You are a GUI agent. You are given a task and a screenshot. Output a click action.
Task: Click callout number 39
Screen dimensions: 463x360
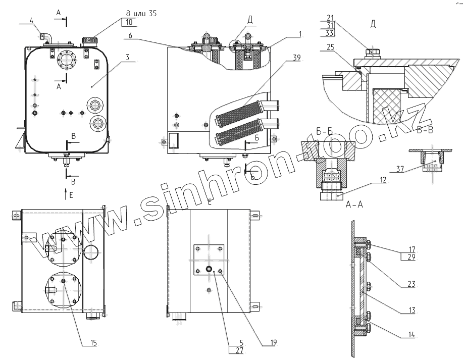(296, 57)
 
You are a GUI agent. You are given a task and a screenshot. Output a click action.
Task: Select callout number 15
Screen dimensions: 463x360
(93, 342)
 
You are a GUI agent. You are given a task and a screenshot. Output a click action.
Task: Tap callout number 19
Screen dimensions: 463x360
(273, 342)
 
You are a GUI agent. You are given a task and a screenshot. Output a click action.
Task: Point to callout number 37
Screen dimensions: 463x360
(399, 169)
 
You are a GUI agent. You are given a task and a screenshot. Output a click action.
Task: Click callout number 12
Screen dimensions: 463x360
(383, 180)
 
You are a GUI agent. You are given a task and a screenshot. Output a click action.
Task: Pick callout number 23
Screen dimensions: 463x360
(411, 284)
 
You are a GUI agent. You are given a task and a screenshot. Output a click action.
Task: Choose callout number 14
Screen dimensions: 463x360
(411, 335)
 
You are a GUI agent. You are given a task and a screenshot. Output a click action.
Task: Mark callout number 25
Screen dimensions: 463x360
(330, 47)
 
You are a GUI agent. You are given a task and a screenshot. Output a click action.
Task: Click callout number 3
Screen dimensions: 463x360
(127, 57)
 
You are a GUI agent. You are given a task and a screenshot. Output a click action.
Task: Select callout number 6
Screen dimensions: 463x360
(130, 35)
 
